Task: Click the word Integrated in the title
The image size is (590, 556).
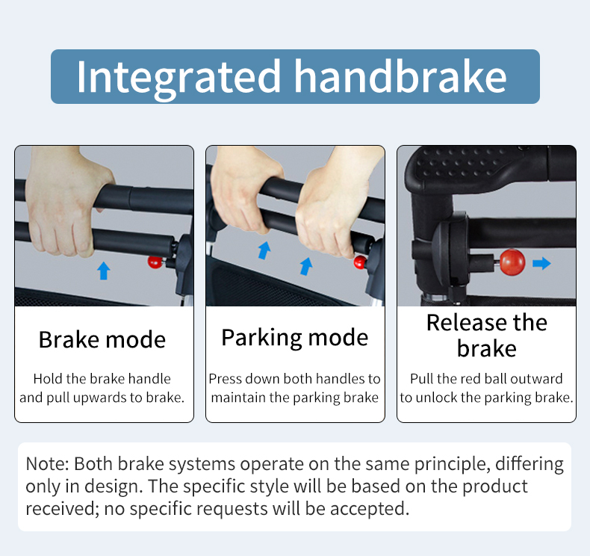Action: (x=178, y=78)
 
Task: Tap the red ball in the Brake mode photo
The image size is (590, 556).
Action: (x=155, y=262)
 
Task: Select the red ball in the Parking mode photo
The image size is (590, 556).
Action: (x=360, y=262)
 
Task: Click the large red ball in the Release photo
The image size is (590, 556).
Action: (x=512, y=262)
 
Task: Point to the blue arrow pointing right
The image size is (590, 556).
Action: (x=542, y=263)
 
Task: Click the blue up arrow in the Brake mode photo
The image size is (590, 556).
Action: (x=104, y=271)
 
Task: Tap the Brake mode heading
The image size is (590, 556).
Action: (x=102, y=339)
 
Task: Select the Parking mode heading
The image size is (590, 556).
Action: (x=294, y=338)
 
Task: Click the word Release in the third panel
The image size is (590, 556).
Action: (x=467, y=323)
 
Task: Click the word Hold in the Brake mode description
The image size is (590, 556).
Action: (x=48, y=379)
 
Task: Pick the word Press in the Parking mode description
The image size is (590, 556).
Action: (x=225, y=379)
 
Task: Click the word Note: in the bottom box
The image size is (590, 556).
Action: (x=47, y=464)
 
